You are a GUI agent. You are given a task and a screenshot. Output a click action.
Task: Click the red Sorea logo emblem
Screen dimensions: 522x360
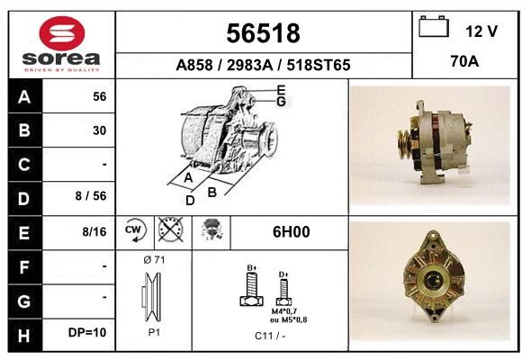[62, 33]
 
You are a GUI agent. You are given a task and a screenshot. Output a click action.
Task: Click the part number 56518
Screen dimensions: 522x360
[263, 33]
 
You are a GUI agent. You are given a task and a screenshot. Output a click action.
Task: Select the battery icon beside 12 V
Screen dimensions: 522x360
[434, 26]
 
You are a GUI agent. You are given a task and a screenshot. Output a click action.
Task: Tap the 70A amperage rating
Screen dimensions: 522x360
[464, 61]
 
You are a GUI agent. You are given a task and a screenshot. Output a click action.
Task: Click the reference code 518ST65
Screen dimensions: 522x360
[319, 65]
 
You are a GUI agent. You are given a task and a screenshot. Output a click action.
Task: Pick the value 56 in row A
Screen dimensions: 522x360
[100, 96]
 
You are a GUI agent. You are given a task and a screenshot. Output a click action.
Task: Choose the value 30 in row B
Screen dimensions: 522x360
[100, 130]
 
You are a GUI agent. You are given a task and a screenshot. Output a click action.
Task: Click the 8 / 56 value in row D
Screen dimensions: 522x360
[91, 196]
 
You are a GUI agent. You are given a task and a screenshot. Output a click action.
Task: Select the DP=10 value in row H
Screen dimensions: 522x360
[87, 332]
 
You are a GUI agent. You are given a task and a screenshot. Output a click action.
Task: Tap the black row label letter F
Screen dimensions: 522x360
[24, 267]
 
